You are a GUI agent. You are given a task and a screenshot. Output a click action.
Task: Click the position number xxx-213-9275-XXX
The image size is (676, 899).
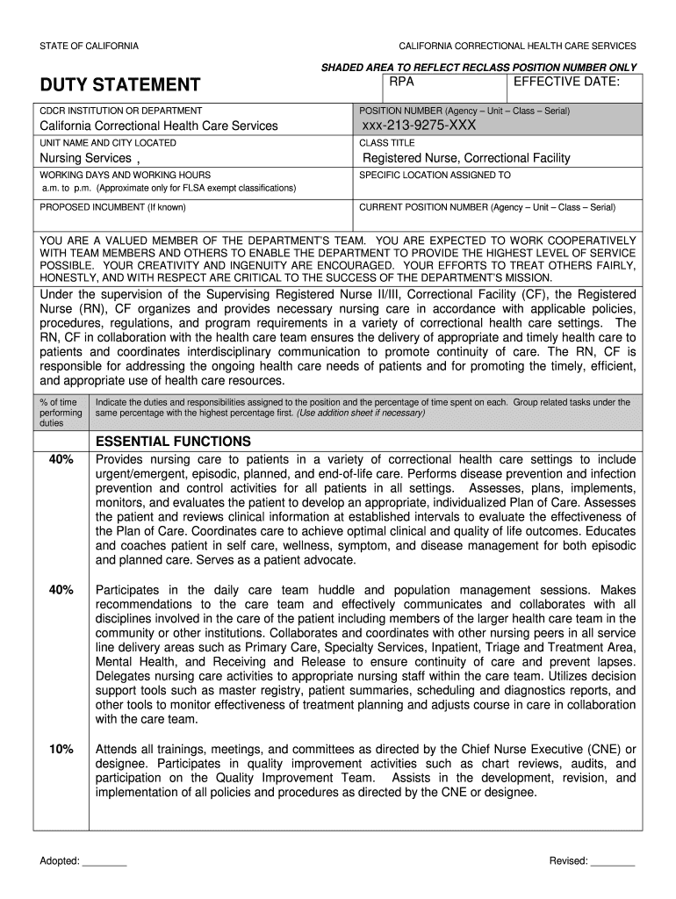click(x=419, y=126)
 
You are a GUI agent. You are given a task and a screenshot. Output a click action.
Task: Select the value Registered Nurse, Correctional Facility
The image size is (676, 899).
click(x=466, y=158)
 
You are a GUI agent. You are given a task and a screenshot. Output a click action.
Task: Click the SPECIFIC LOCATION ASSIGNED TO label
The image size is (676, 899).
click(x=435, y=175)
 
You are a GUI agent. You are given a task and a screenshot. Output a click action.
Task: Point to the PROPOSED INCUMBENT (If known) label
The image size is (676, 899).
click(x=112, y=207)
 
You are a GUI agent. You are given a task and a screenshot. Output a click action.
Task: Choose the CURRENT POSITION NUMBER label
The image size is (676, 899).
click(x=487, y=207)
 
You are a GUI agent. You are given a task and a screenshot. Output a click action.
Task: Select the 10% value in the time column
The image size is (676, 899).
click(x=61, y=749)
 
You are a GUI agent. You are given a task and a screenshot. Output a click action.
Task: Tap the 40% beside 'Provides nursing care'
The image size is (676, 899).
click(x=61, y=459)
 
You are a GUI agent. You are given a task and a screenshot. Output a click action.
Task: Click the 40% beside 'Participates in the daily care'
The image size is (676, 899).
click(x=61, y=590)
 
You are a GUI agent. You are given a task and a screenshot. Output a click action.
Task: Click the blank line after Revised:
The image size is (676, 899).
click(x=613, y=861)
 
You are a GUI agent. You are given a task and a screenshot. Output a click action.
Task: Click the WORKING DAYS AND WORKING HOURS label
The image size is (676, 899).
click(x=125, y=175)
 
